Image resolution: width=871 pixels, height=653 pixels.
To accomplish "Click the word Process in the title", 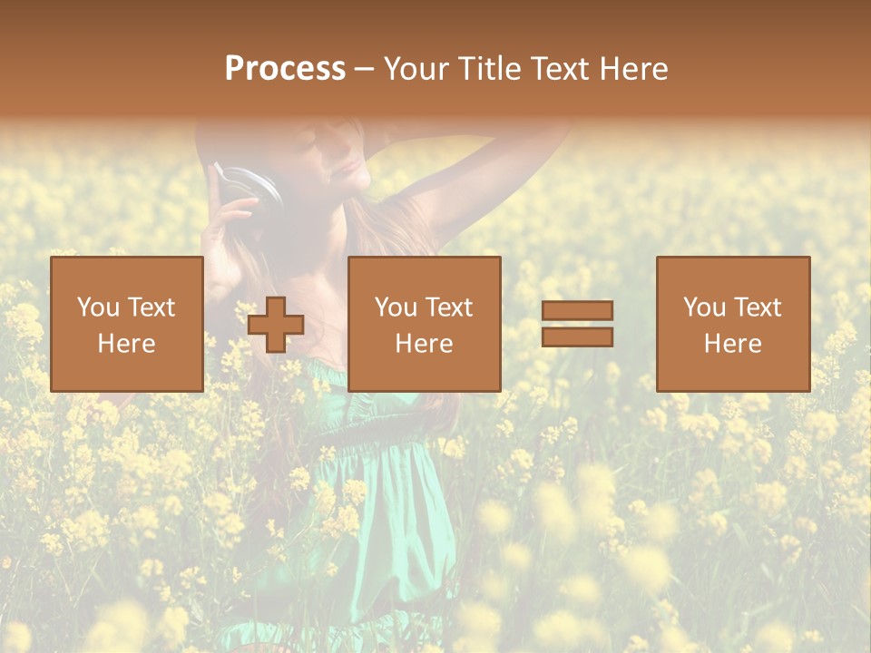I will (285, 69).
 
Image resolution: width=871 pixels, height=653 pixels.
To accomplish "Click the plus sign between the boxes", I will (276, 325).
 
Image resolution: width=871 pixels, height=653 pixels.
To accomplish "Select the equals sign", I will (577, 324).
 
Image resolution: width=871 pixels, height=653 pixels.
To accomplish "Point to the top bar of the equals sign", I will (577, 311).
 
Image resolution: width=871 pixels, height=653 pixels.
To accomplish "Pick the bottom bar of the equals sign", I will (577, 337).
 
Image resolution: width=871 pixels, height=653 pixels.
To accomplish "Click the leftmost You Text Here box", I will (126, 324).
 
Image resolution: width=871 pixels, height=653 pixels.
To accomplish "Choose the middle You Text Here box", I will (424, 324).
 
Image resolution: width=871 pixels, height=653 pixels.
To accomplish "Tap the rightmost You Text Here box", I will (732, 324).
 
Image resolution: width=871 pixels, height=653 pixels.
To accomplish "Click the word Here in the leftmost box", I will (126, 343).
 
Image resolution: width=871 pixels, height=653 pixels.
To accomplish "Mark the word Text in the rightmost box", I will (757, 307).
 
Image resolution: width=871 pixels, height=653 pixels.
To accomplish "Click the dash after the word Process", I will (364, 69).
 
